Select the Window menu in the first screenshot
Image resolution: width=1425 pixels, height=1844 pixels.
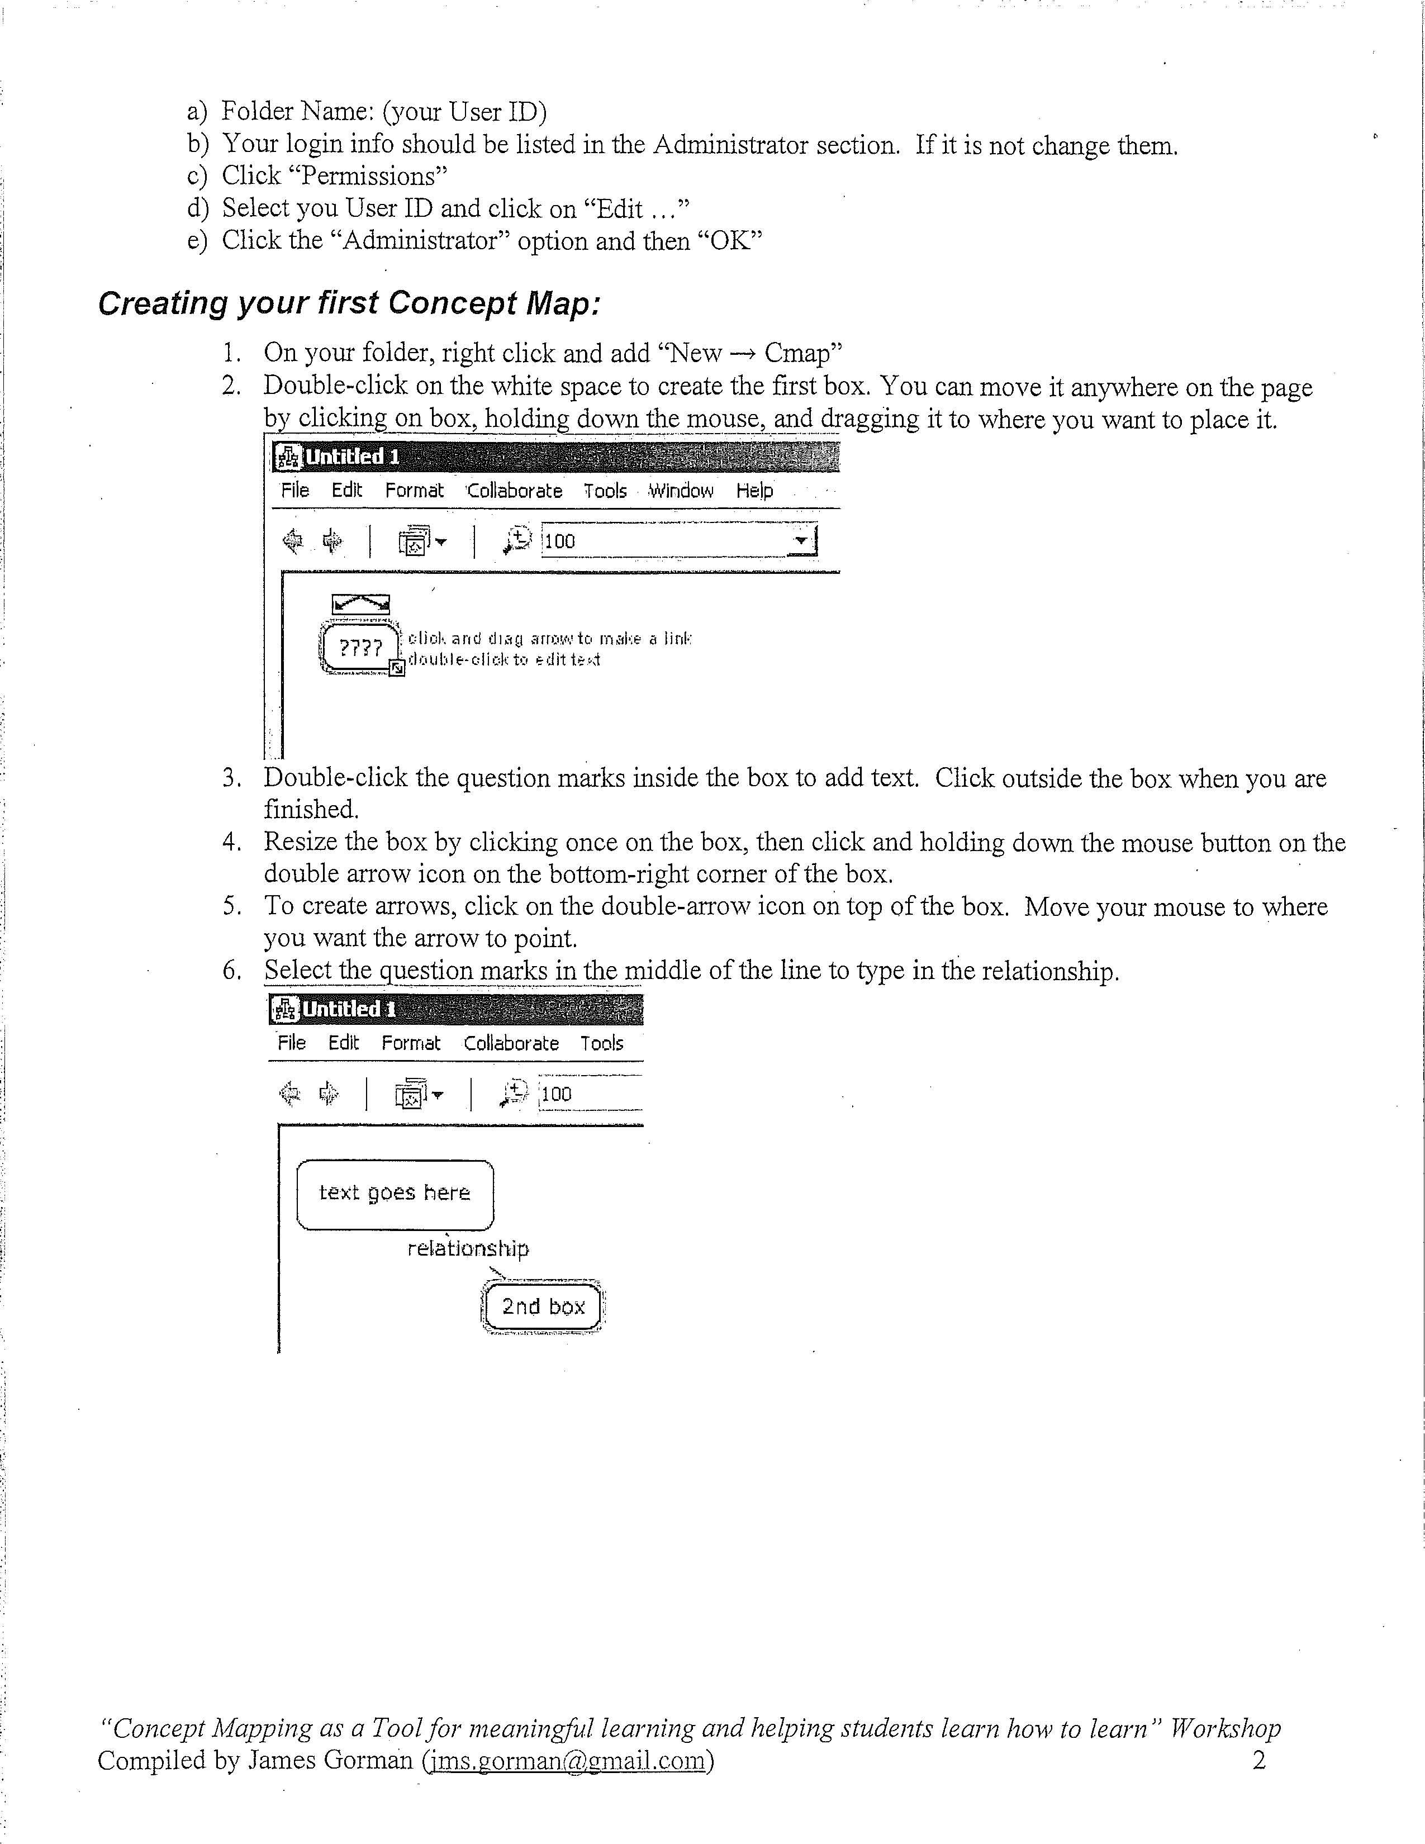coord(681,491)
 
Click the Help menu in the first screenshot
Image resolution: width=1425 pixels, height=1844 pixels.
coord(754,491)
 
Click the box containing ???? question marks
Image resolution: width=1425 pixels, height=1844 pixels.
coord(360,648)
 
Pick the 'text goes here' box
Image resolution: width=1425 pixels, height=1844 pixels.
coord(394,1193)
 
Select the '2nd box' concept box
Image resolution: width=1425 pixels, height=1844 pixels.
coord(543,1307)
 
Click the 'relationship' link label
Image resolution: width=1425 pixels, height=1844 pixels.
coord(468,1249)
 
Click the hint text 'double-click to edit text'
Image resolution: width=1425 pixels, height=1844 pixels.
coord(504,659)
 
